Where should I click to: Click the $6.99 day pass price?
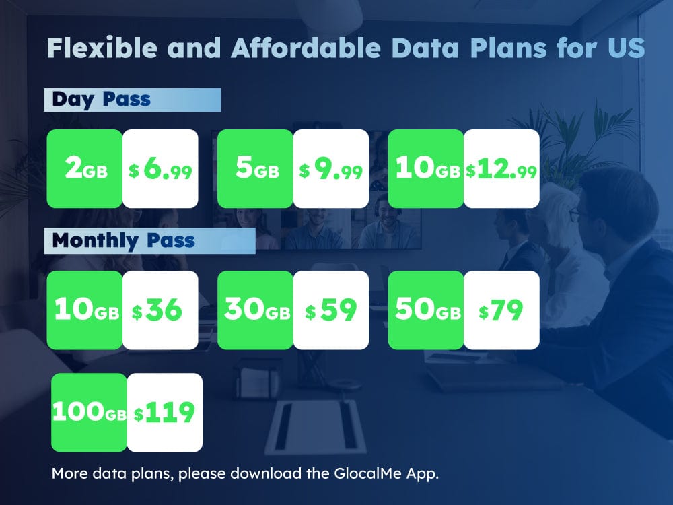pyautogui.click(x=160, y=169)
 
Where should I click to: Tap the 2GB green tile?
pyautogui.click(x=85, y=169)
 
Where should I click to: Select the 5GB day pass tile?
pyautogui.click(x=255, y=169)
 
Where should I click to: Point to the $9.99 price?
pyautogui.click(x=331, y=169)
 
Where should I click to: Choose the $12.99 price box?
pyautogui.click(x=502, y=169)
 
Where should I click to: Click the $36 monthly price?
pyautogui.click(x=160, y=310)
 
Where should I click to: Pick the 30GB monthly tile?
pyautogui.click(x=255, y=310)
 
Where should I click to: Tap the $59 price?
pyautogui.click(x=331, y=310)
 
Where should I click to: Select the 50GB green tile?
pyautogui.click(x=426, y=310)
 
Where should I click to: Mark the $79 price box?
pyautogui.click(x=502, y=310)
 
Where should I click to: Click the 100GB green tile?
pyautogui.click(x=90, y=412)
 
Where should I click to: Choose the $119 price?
pyautogui.click(x=165, y=412)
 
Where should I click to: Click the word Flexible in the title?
pyautogui.click(x=102, y=48)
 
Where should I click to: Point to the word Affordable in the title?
pyautogui.click(x=306, y=48)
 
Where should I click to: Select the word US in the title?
pyautogui.click(x=627, y=48)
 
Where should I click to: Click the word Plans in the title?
pyautogui.click(x=509, y=48)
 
